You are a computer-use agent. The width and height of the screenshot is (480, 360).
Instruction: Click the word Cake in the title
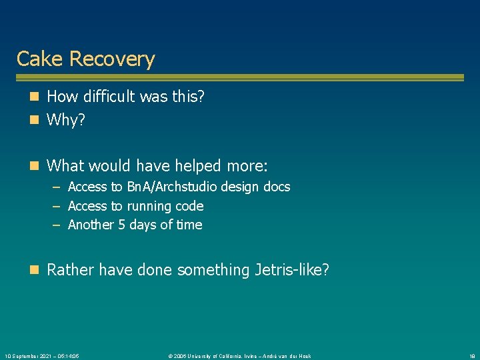pos(40,59)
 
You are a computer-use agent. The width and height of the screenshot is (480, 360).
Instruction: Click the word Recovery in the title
pos(112,59)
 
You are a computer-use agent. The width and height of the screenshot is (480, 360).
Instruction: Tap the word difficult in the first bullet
pos(111,97)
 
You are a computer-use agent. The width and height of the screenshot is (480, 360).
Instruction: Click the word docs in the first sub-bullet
pos(276,187)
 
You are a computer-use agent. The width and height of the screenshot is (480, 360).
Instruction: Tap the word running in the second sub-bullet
pos(151,206)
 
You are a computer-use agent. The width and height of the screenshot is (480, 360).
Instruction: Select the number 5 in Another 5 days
pos(121,225)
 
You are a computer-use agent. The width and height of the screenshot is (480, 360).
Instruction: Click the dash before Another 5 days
pos(57,225)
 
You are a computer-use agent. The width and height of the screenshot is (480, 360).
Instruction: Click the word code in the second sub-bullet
pos(189,206)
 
